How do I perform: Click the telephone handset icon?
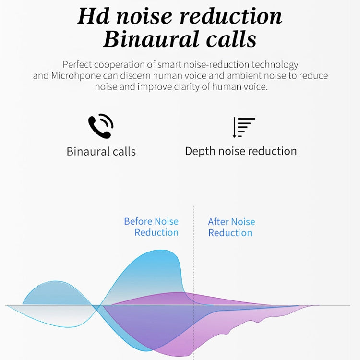(x=100, y=127)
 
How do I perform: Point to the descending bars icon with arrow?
(x=244, y=127)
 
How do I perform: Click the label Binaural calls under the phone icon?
(x=101, y=152)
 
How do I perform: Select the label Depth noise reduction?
(x=241, y=151)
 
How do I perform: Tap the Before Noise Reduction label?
(x=151, y=227)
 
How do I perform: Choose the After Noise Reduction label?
(x=231, y=227)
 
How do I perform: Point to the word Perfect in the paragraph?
(x=78, y=65)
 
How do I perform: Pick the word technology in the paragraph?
(x=273, y=65)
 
